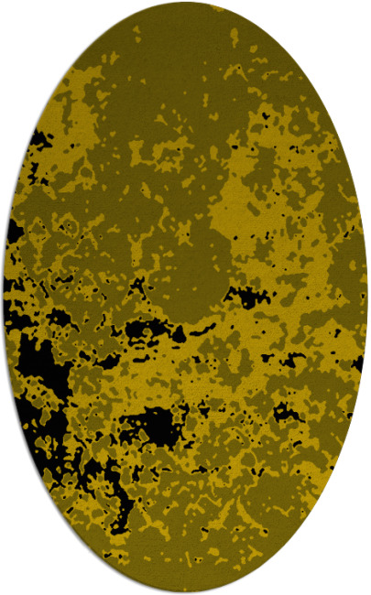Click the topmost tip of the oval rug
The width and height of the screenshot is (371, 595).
[x=186, y=3]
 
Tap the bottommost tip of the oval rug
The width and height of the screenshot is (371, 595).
[x=186, y=591]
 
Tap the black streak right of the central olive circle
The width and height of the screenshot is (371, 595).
[x=246, y=295]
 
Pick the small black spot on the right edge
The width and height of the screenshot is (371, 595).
[x=357, y=363]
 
